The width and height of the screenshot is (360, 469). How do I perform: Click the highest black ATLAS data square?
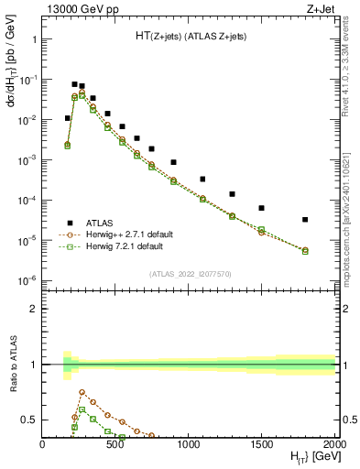74,84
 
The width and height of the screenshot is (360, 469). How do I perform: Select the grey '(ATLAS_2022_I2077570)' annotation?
190,274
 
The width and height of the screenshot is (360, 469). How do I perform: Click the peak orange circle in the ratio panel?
82,392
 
